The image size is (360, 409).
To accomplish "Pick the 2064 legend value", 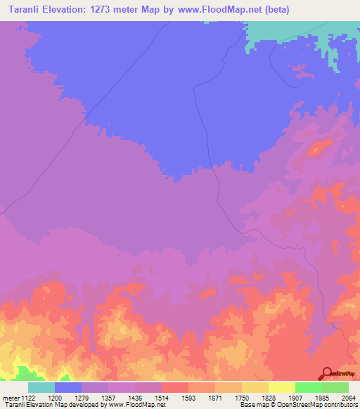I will tap(348, 397).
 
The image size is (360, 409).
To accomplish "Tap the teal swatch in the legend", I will tap(41, 387).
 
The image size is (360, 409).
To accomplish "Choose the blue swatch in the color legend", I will tap(68, 387).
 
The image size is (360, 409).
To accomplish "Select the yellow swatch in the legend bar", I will tap(282, 387).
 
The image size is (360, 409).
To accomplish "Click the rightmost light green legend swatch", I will tap(335, 387).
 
